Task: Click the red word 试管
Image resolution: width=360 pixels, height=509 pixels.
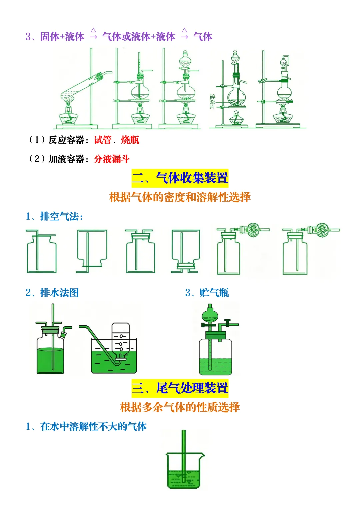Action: click(103, 140)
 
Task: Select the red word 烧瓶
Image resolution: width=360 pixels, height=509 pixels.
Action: click(130, 140)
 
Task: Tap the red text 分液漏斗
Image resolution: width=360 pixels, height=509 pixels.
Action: click(112, 159)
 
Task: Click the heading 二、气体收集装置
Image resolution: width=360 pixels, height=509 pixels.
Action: click(180, 178)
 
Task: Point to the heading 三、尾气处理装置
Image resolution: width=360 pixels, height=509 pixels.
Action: click(180, 388)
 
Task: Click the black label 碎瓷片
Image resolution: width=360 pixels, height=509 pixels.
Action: click(212, 102)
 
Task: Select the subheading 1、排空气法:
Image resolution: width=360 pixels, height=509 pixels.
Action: click(54, 217)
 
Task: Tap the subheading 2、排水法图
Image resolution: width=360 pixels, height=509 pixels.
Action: click(52, 293)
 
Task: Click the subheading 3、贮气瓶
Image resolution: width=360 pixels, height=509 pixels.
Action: click(207, 293)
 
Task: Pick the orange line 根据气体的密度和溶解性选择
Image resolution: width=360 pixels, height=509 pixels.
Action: click(180, 197)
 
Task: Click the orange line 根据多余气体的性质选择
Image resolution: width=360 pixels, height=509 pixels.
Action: click(180, 407)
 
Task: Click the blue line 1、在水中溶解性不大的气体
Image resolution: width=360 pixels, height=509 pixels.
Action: click(86, 426)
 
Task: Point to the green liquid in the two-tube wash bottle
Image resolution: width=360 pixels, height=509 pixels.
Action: click(50, 360)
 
